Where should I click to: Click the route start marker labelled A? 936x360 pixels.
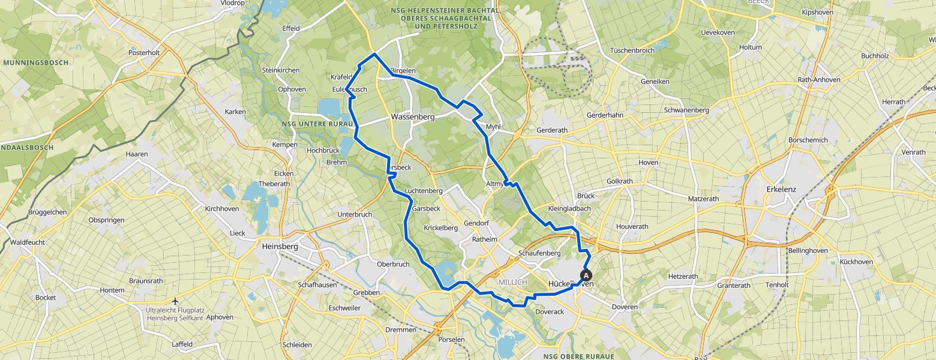(586, 275)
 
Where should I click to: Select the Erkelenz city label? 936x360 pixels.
(781, 189)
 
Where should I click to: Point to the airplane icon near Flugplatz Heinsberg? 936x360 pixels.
(175, 301)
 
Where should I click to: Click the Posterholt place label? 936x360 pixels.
(144, 53)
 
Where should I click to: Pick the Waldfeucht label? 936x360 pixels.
(28, 243)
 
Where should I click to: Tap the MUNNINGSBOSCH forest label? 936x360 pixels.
(35, 62)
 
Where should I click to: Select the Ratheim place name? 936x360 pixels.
(485, 239)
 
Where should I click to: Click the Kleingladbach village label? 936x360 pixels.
(569, 209)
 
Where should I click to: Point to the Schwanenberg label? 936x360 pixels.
(686, 110)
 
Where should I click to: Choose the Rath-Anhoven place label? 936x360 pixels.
(819, 80)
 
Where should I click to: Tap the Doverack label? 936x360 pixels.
(549, 312)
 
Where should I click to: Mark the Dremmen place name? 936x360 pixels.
(401, 330)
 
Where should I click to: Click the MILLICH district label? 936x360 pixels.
(512, 283)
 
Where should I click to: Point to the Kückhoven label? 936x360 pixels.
(856, 262)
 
